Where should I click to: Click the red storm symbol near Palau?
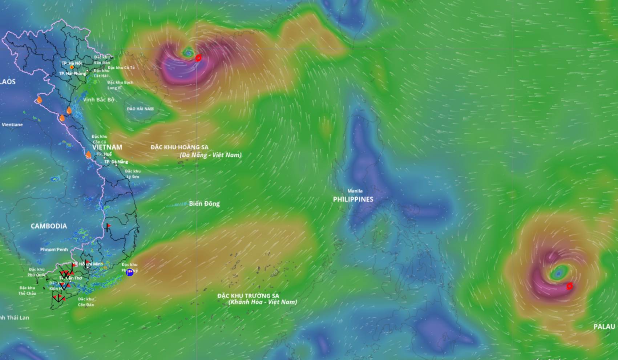(x=569, y=286)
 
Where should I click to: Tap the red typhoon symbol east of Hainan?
(x=198, y=58)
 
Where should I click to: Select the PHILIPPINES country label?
(x=353, y=199)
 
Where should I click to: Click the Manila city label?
(x=355, y=191)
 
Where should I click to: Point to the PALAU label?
(x=604, y=327)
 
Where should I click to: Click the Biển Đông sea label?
(x=204, y=204)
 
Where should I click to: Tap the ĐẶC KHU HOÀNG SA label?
(x=179, y=147)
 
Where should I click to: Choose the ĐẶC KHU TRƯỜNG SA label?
(x=248, y=296)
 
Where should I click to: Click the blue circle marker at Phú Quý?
(x=130, y=272)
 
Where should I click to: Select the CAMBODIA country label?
(x=49, y=226)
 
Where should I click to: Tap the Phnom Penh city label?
(x=54, y=250)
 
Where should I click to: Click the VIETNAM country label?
(x=107, y=147)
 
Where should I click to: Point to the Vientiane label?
(x=12, y=125)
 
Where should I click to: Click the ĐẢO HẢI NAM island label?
(x=140, y=109)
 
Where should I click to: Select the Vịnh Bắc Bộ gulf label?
(x=98, y=100)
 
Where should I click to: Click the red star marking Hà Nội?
(x=72, y=67)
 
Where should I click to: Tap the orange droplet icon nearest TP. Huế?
(x=88, y=155)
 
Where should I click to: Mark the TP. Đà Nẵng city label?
(x=116, y=162)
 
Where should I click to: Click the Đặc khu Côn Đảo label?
(x=86, y=302)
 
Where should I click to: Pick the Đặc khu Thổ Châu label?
(x=27, y=291)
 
